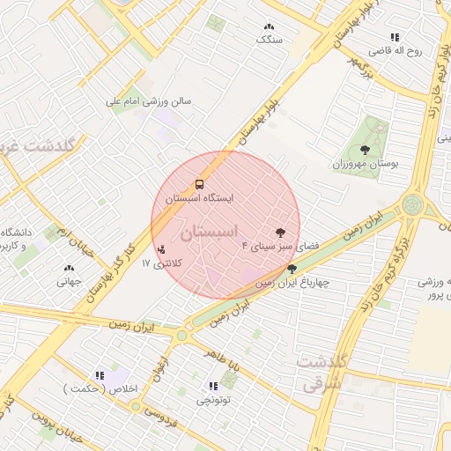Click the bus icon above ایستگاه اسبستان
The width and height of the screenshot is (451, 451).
[200, 185]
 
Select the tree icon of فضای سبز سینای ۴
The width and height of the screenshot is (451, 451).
[280, 233]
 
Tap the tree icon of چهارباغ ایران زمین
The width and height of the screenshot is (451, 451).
[292, 269]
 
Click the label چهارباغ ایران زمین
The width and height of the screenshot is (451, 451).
[292, 283]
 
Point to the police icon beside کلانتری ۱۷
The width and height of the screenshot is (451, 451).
[159, 250]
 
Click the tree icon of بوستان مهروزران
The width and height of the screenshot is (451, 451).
[366, 150]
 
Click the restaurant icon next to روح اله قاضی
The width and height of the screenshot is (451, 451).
[394, 37]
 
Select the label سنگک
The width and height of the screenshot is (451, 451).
[269, 40]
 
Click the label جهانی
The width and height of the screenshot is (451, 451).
[69, 282]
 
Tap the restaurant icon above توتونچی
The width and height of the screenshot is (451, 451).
[212, 386]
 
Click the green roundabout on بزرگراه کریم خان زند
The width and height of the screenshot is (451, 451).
[411, 204]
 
